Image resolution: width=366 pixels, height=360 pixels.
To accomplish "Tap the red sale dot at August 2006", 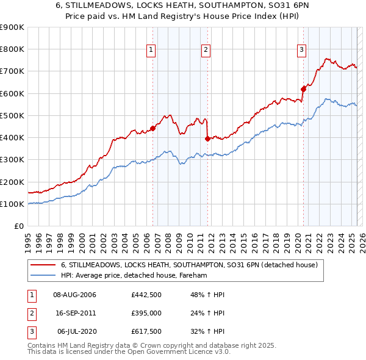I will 152,128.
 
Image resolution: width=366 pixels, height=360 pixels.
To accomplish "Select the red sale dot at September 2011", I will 207,139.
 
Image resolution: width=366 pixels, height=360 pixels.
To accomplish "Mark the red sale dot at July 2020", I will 303,89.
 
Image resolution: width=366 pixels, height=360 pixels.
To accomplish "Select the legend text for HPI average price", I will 134,276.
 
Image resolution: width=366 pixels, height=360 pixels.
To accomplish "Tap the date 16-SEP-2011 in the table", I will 74,314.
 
